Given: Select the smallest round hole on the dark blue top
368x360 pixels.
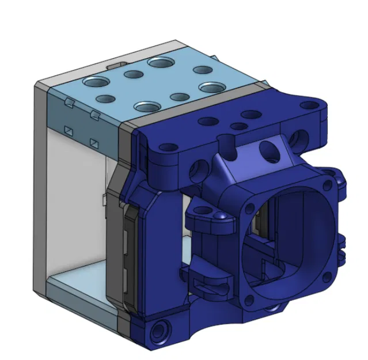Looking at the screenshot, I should click(237, 126).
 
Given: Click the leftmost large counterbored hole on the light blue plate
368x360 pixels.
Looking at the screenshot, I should click(93, 81).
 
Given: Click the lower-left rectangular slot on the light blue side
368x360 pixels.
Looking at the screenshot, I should click(68, 128).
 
